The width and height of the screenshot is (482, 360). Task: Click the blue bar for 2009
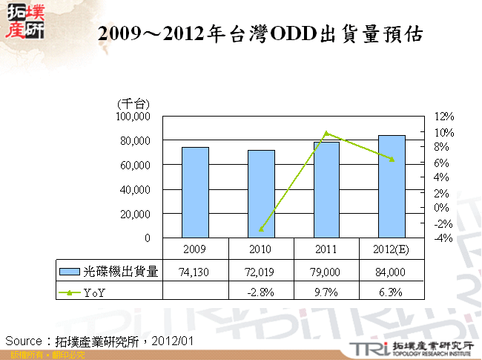(x=195, y=192)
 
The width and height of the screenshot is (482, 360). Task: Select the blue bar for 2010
(x=261, y=194)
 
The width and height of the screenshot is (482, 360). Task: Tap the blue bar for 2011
(x=326, y=189)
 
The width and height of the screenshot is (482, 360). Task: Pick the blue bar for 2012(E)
(x=392, y=186)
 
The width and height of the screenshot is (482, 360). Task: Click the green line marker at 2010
(x=261, y=229)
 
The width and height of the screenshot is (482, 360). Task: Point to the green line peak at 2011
(x=326, y=134)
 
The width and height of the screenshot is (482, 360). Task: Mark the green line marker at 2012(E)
(x=392, y=160)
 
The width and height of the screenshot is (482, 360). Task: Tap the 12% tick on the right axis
(x=443, y=117)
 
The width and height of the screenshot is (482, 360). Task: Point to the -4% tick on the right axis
(x=443, y=238)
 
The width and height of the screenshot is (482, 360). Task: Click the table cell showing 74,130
(x=195, y=272)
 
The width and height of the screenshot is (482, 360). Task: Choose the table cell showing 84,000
(x=392, y=272)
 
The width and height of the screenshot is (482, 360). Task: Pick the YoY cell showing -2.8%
(x=261, y=292)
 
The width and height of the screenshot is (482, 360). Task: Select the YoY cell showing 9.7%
(x=326, y=292)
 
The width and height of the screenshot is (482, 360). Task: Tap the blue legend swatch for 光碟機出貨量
(x=70, y=272)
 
